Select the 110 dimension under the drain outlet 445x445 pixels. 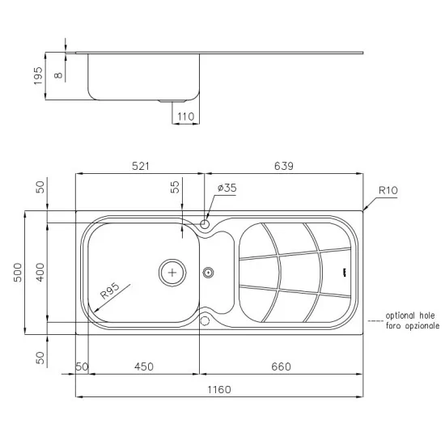185,117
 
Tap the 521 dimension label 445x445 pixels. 141,166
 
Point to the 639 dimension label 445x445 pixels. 283,166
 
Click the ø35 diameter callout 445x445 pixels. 227,189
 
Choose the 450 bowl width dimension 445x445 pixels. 142,367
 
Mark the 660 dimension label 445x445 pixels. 282,367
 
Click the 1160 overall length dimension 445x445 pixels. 219,390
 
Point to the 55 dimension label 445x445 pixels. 175,187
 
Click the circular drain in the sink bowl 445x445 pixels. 172,272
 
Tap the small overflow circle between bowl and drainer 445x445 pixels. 209,272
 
